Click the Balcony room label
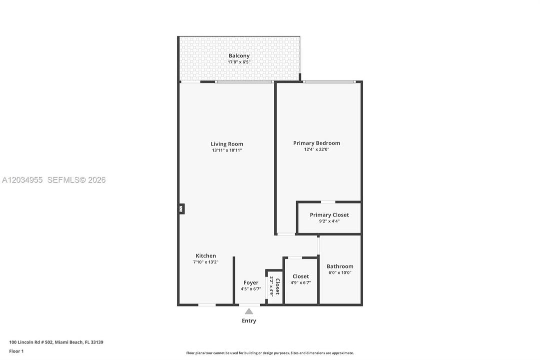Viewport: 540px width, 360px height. click(x=239, y=55)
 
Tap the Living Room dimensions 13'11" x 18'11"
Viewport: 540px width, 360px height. click(x=227, y=150)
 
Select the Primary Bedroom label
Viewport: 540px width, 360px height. click(x=317, y=143)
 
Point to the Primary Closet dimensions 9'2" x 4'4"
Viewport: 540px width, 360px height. click(x=329, y=221)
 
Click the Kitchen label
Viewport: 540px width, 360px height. click(x=206, y=255)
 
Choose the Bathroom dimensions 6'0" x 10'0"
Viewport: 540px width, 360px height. click(x=340, y=272)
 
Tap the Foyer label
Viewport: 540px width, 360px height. click(x=251, y=283)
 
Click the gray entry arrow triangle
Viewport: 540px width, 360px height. click(x=249, y=311)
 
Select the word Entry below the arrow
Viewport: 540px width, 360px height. click(x=249, y=320)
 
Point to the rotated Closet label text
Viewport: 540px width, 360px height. click(x=278, y=286)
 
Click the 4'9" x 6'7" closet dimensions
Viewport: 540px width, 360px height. click(x=301, y=283)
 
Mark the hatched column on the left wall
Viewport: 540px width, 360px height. click(x=181, y=208)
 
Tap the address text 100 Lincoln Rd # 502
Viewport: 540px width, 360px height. click(x=31, y=342)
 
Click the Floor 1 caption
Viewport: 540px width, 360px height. click(x=16, y=351)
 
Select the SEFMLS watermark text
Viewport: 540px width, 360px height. click(x=76, y=180)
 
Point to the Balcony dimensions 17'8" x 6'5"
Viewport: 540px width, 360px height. click(x=239, y=62)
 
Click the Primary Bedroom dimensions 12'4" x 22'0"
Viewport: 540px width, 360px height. click(x=317, y=149)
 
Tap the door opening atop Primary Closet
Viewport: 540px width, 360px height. click(x=328, y=201)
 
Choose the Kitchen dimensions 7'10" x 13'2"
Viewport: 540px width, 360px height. click(x=206, y=262)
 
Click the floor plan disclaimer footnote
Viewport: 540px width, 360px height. click(x=270, y=353)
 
